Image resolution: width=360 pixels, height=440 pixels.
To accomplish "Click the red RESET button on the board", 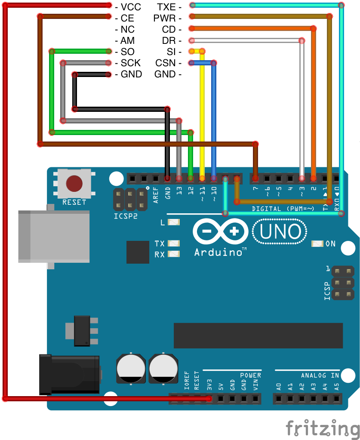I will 74,183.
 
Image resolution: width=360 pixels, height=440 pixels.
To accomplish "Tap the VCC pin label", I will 131,7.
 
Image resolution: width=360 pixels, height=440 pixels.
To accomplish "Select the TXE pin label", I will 166,7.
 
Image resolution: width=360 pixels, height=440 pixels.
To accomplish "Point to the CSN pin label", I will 166,63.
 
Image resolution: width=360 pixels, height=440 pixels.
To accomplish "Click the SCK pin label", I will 131,63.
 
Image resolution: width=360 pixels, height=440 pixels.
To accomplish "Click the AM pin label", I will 128,41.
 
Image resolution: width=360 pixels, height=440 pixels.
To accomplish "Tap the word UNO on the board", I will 280,232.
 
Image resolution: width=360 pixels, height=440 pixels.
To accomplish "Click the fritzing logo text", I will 323,428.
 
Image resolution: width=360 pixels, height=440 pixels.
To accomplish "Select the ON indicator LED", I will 317,244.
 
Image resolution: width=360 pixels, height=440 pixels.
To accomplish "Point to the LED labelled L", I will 174,223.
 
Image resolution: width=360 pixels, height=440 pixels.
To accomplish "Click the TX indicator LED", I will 174,244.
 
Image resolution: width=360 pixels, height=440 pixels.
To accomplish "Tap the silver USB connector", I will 54,237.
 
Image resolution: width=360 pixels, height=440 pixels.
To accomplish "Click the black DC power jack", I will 69,374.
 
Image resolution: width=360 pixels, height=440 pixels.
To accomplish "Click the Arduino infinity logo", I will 221,232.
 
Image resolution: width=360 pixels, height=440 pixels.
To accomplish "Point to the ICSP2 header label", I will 126,216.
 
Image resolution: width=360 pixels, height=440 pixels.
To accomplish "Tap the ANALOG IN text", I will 320,375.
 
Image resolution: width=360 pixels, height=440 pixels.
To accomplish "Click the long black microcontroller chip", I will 258,335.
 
